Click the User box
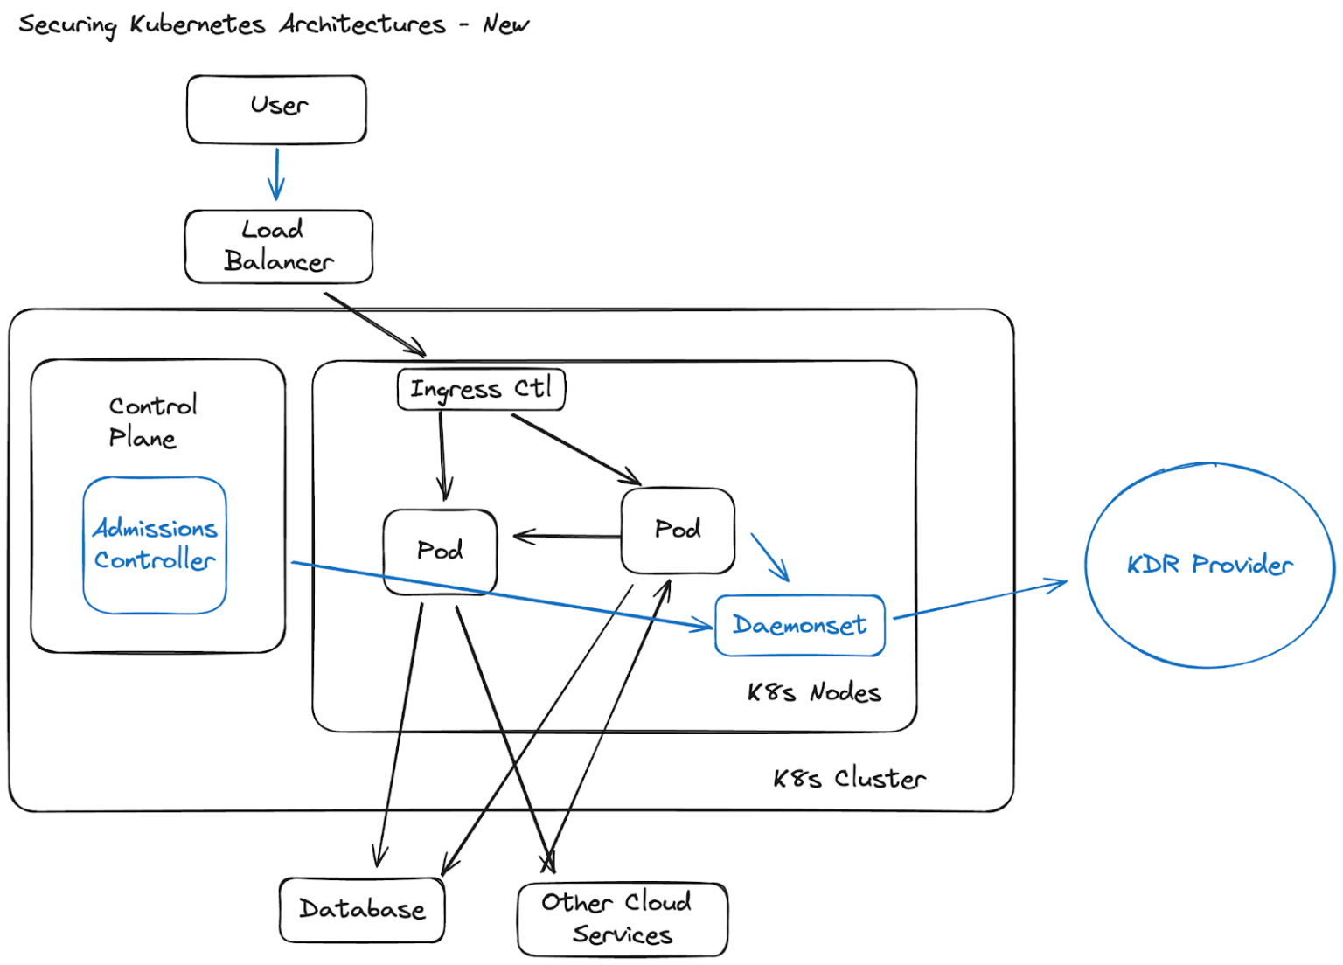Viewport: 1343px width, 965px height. point(276,109)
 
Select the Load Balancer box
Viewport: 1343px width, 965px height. point(278,246)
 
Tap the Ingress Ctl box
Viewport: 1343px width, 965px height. point(481,390)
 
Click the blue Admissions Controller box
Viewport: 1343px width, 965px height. point(155,545)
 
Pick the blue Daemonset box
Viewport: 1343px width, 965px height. point(799,626)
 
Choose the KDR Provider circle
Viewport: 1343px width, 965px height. point(1209,566)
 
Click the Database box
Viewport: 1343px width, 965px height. point(362,910)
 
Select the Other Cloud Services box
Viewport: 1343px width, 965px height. point(622,920)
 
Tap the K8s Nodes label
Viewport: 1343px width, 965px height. point(813,693)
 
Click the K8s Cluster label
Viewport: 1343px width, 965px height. point(848,779)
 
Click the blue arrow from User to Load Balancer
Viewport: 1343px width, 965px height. point(276,174)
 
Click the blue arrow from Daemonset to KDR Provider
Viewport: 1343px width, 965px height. point(979,601)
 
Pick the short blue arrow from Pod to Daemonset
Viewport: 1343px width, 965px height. point(769,557)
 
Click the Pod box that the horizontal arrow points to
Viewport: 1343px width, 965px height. point(440,552)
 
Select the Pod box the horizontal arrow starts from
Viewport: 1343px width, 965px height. point(678,531)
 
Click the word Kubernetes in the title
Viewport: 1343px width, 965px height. point(197,24)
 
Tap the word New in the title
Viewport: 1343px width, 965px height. point(505,24)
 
